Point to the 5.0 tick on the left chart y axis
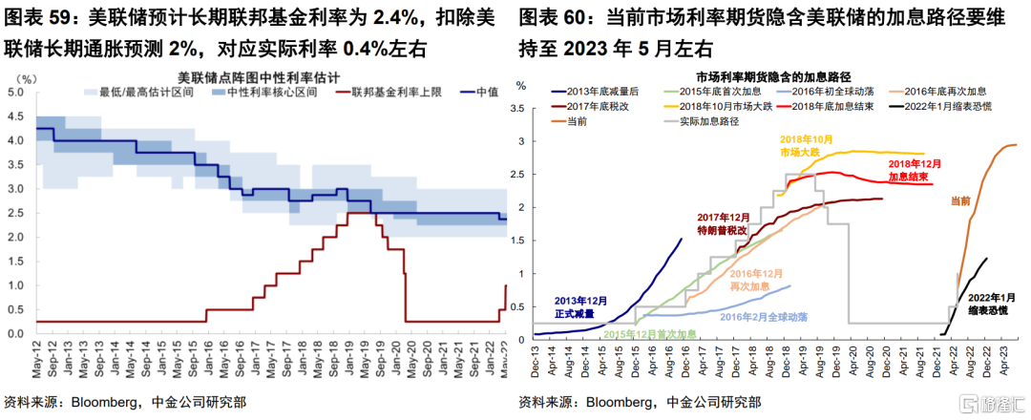coord(16,93)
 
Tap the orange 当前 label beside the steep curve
coord(960,200)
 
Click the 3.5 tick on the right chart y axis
coord(520,108)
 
